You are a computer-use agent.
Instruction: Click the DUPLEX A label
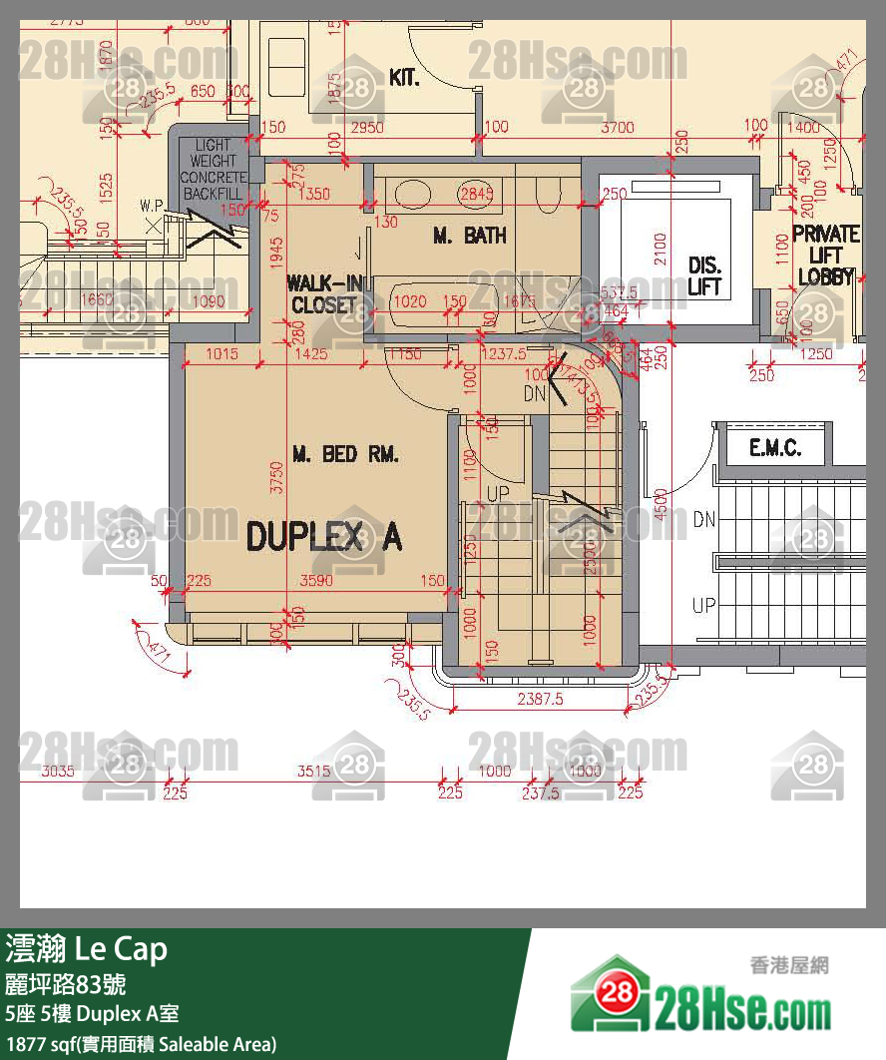tap(324, 537)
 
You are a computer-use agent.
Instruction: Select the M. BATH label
tap(469, 236)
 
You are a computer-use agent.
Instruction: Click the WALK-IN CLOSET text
tap(322, 293)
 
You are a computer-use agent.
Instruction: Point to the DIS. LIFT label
tap(704, 276)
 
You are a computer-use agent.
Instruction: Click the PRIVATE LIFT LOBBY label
tap(825, 256)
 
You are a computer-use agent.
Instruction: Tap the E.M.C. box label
tap(775, 448)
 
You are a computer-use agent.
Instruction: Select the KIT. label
tap(403, 78)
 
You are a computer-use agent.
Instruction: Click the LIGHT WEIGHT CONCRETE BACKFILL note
tap(213, 169)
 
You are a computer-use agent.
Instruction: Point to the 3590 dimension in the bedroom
tap(316, 581)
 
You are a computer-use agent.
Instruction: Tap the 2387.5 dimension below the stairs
tap(539, 700)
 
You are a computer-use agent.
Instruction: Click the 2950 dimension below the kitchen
tap(367, 127)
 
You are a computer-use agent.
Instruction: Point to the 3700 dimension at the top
tap(618, 127)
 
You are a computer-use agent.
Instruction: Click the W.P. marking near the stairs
tap(152, 206)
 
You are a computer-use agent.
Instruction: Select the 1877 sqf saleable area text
tap(141, 1044)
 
